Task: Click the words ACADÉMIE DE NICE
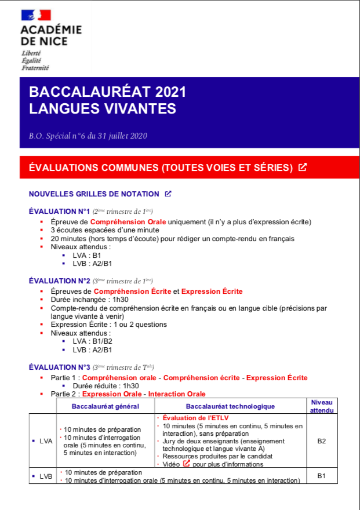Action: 50,35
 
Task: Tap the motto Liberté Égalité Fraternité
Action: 35,60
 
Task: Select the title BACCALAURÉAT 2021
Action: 107,93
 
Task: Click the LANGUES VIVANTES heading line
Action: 102,108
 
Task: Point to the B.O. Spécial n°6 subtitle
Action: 88,136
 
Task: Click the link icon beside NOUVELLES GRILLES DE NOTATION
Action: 168,194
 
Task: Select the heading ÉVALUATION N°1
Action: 60,211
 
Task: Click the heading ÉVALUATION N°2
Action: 60,280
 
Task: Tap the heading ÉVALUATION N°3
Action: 60,367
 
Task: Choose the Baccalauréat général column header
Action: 106,406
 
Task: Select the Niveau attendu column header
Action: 322,406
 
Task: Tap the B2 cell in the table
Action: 322,441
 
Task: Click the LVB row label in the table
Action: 46,476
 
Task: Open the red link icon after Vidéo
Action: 187,463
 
